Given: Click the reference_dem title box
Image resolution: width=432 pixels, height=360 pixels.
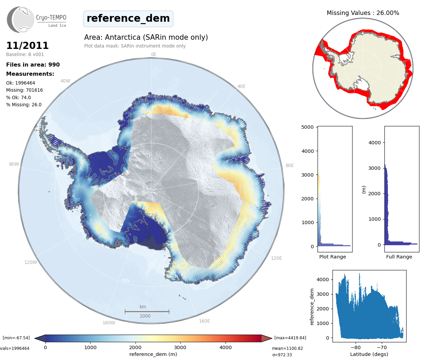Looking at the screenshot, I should (128, 18).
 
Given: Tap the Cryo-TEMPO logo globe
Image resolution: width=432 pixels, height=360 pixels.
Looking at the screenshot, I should (21, 19).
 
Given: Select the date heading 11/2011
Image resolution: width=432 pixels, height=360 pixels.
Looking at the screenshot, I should (28, 46).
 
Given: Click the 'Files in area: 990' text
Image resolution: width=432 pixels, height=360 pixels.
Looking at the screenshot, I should (33, 65).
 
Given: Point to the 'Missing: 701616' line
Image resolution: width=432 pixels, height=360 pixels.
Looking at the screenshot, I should (24, 90).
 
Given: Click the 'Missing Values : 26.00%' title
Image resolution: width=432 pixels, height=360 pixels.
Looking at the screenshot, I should (363, 13).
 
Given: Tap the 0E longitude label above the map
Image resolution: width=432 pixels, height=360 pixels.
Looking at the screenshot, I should (154, 54).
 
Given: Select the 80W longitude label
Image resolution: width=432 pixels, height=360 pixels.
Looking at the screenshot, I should (14, 164).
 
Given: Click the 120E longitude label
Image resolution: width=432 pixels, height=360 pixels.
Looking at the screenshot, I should (276, 258).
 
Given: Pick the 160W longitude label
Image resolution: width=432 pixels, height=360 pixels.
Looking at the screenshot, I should (109, 323).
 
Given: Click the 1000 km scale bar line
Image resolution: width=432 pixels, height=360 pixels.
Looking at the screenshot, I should (147, 311).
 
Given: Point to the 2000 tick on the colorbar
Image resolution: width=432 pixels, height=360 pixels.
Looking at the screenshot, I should (135, 347).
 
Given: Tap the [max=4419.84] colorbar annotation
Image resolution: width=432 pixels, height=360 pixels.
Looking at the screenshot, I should (290, 338).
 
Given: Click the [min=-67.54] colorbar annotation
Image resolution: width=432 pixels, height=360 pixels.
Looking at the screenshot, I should (16, 338).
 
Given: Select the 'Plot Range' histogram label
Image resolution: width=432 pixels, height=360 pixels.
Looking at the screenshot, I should (332, 257).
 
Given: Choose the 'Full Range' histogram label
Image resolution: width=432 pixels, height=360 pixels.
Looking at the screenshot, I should (399, 257).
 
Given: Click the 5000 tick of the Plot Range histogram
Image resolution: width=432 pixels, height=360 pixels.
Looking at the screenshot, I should (307, 127).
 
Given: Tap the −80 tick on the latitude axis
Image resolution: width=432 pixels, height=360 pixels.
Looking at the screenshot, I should (356, 347).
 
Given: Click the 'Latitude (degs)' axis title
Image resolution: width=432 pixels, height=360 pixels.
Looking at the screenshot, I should (369, 354).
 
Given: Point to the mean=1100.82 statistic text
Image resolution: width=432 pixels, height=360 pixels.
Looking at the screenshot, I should (287, 348).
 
